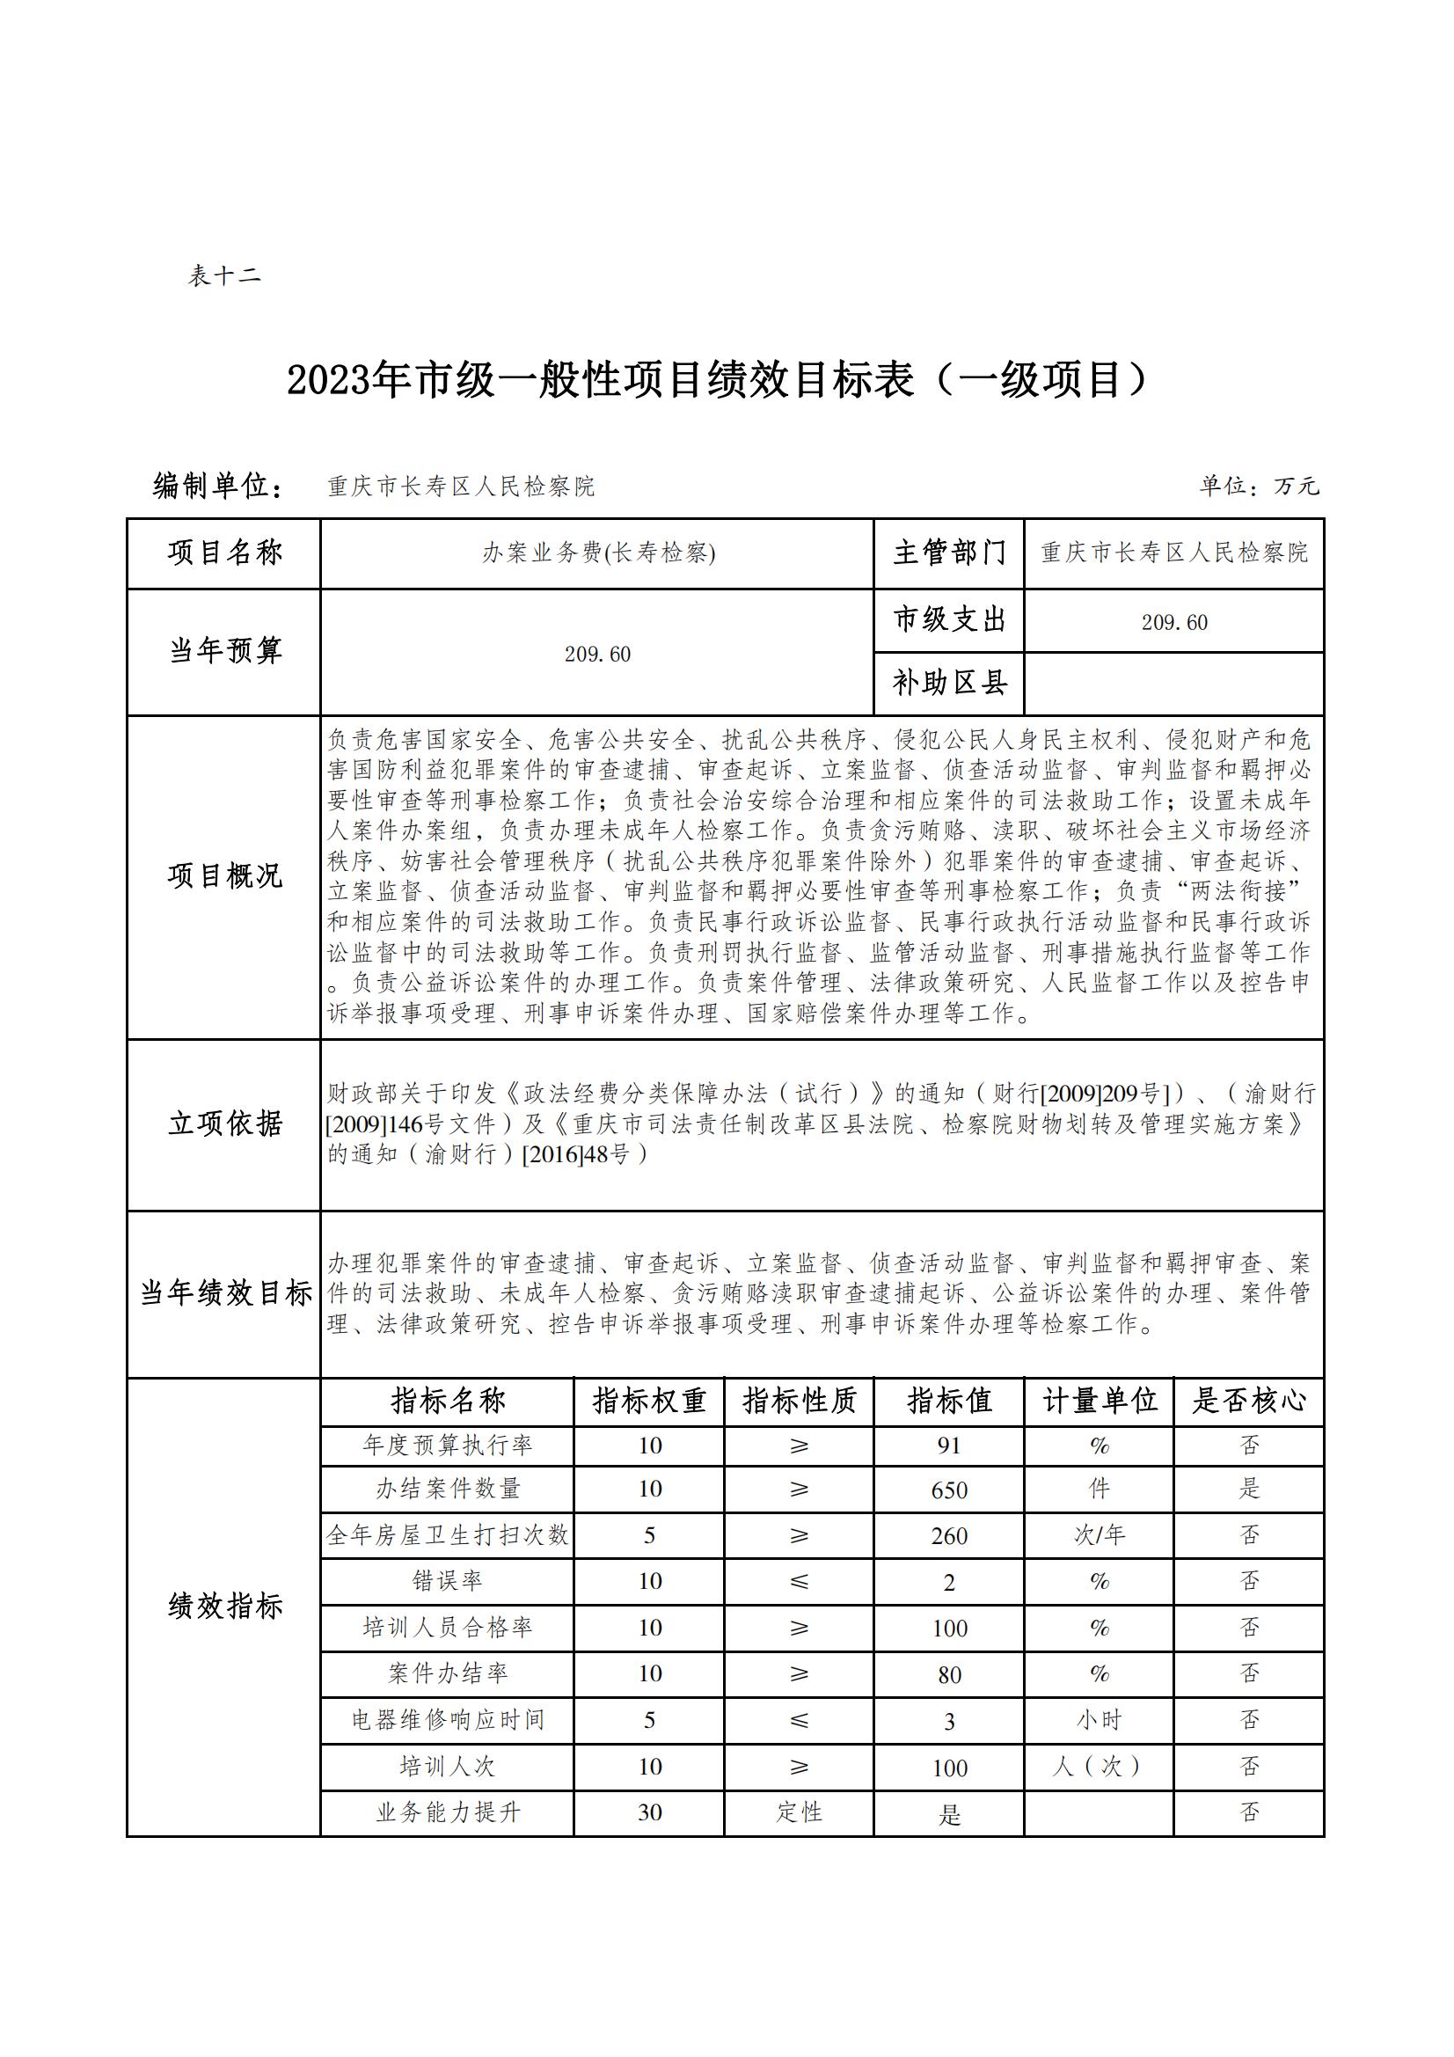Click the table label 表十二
coord(224,275)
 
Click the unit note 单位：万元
coord(1259,487)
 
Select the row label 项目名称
coord(224,553)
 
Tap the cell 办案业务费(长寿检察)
coord(597,553)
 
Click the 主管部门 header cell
coord(949,553)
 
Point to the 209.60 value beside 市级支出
coord(1173,622)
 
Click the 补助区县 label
coord(949,684)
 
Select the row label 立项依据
coord(224,1124)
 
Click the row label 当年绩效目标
coord(224,1292)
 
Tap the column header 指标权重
coord(649,1402)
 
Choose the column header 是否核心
coord(1248,1402)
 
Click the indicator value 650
coord(949,1490)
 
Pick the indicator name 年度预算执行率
coord(447,1446)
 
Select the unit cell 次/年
coord(1099,1535)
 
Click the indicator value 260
coord(949,1535)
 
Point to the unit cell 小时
coord(1099,1719)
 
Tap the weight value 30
coord(649,1812)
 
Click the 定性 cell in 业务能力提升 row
coord(799,1812)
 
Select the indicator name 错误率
coord(447,1581)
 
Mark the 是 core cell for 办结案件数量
coord(1249,1489)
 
